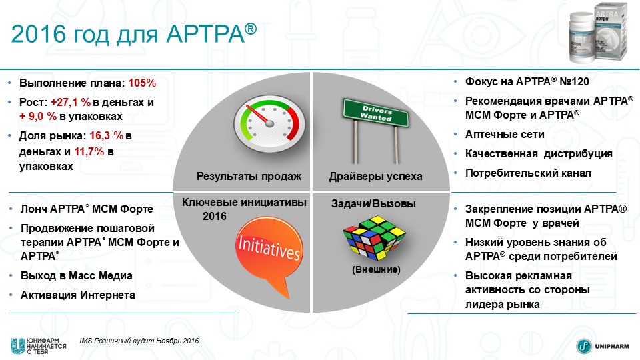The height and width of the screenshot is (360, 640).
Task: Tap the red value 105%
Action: point(142,83)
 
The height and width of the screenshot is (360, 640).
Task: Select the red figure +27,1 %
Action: point(71,103)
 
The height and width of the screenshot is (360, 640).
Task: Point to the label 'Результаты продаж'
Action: point(249,176)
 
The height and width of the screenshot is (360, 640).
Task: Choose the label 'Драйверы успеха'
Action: point(375,176)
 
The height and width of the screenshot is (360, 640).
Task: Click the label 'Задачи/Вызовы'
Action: point(373,203)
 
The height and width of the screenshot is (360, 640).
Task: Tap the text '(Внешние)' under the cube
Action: point(376,270)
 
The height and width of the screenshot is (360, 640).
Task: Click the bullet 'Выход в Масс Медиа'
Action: point(75,275)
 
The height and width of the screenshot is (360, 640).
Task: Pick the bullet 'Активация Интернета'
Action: point(77,295)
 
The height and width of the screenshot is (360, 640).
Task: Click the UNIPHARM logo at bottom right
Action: point(603,346)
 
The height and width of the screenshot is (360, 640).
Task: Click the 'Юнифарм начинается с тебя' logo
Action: point(33,346)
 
